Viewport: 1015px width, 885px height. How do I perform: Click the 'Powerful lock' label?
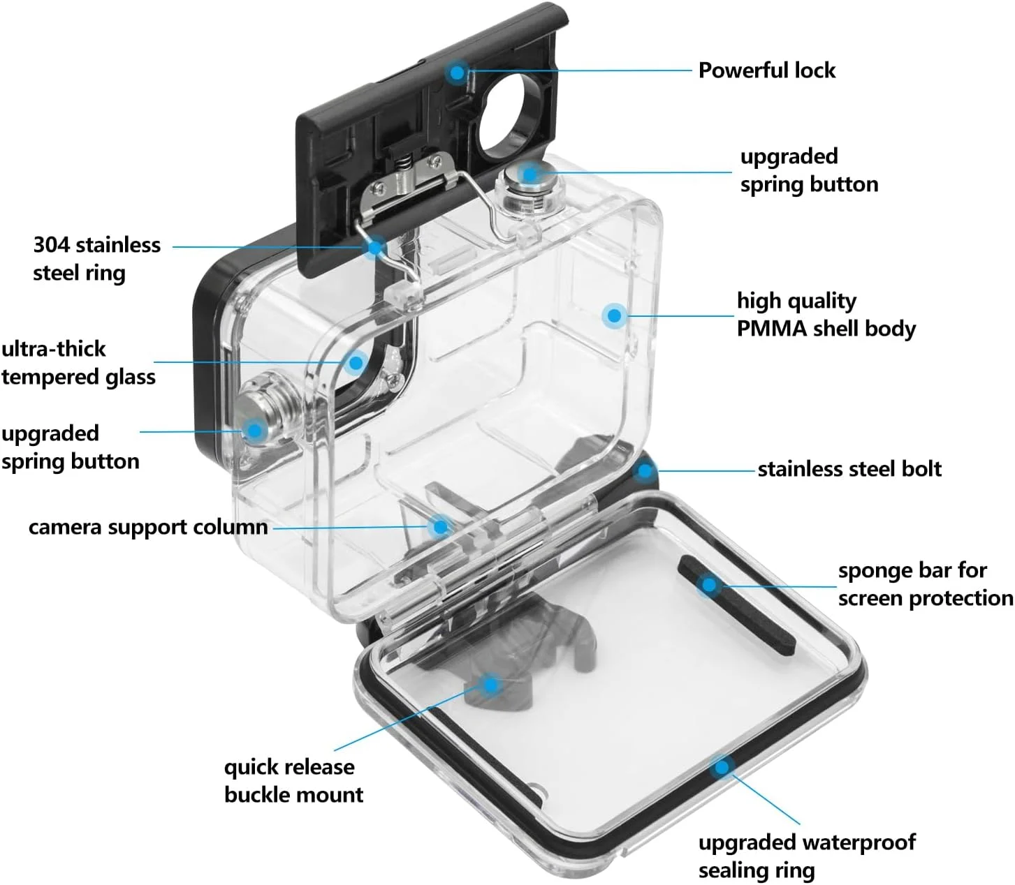pyautogui.click(x=766, y=70)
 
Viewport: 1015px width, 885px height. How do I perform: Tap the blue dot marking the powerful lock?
pyautogui.click(x=458, y=71)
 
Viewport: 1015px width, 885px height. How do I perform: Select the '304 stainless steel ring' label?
pyautogui.click(x=96, y=258)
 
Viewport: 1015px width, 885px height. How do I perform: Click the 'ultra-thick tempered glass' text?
pyautogui.click(x=78, y=363)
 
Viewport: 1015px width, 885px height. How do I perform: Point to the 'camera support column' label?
pyautogui.click(x=148, y=527)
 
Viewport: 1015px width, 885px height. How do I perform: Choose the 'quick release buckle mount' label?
pyautogui.click(x=293, y=780)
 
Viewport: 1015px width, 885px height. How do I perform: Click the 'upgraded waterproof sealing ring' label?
pyautogui.click(x=807, y=856)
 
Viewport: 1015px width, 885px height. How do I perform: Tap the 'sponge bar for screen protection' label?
pyautogui.click(x=925, y=584)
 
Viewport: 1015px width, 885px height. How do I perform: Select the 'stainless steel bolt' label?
pyautogui.click(x=849, y=469)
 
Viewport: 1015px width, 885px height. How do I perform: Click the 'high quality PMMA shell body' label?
pyautogui.click(x=826, y=314)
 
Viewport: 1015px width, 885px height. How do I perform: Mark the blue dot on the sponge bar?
pyautogui.click(x=709, y=585)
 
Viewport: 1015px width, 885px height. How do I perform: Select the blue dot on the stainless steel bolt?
pyautogui.click(x=645, y=470)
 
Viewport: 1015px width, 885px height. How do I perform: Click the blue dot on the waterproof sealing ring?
pyautogui.click(x=722, y=768)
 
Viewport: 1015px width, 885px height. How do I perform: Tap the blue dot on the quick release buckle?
pyautogui.click(x=491, y=685)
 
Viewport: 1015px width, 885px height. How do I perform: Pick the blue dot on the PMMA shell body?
pyautogui.click(x=614, y=315)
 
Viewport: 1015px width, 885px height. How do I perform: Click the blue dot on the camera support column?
pyautogui.click(x=440, y=526)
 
